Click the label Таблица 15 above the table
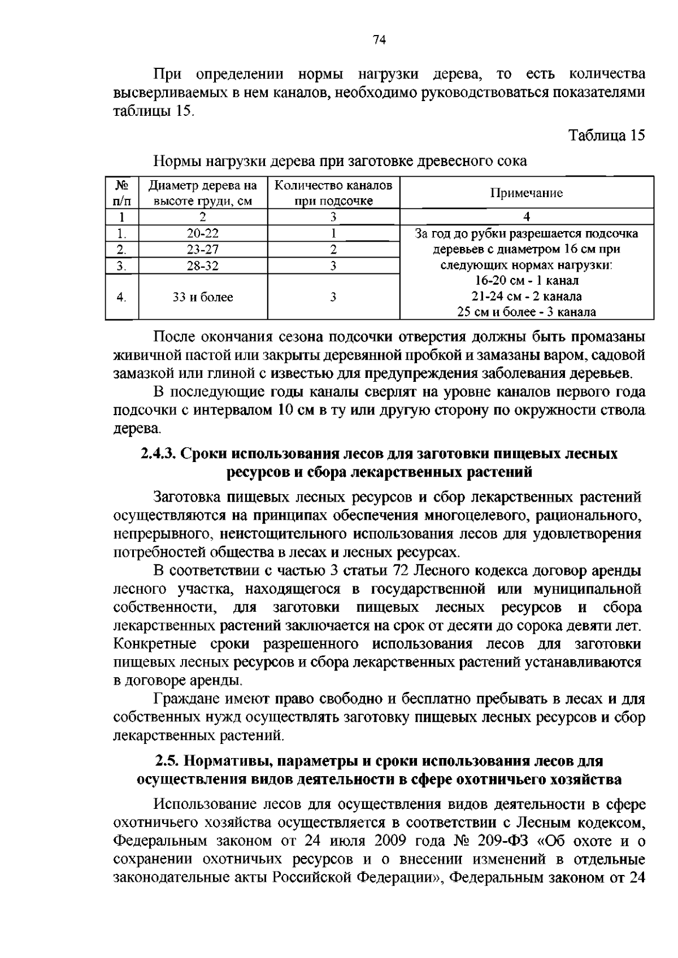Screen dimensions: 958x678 coord(606,136)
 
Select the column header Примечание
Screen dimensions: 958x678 coord(526,193)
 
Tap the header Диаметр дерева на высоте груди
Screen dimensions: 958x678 coord(203,193)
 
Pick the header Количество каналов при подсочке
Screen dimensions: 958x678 coord(333,193)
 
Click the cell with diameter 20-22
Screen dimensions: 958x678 coord(203,233)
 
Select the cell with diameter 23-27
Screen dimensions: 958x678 coord(203,250)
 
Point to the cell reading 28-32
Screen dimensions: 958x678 coord(203,266)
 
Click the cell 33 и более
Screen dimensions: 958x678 coord(203,297)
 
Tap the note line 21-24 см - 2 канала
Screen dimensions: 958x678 coord(527,296)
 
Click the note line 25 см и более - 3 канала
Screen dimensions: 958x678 coord(527,312)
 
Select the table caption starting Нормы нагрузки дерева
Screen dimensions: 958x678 coord(340,162)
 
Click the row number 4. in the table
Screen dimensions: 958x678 coord(122,297)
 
